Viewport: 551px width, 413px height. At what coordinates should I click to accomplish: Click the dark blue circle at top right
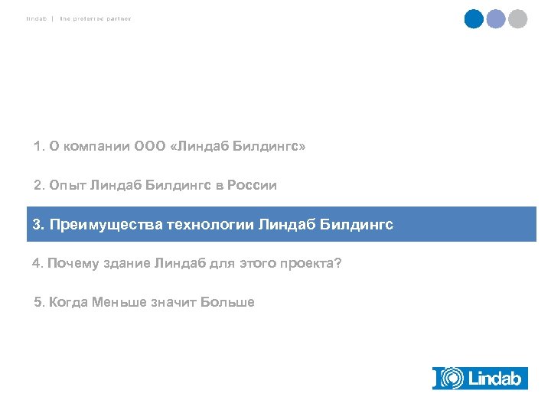click(474, 18)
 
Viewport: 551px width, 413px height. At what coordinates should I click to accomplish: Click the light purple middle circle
click(496, 18)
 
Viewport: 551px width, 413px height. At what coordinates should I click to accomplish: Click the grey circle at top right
click(518, 18)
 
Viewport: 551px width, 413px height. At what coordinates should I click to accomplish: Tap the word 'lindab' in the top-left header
click(37, 18)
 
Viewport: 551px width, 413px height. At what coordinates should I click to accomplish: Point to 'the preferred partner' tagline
click(96, 18)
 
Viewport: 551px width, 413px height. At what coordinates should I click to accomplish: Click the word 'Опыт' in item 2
click(67, 185)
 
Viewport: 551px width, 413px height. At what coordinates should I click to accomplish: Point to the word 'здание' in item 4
click(127, 264)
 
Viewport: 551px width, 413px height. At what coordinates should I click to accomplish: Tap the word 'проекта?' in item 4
click(314, 264)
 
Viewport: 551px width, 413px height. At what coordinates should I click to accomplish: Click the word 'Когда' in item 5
click(68, 302)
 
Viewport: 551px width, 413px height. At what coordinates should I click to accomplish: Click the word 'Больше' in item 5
click(227, 302)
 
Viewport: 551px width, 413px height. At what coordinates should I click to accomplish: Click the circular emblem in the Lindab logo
click(452, 378)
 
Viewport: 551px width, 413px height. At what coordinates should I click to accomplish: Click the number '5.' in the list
click(40, 302)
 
